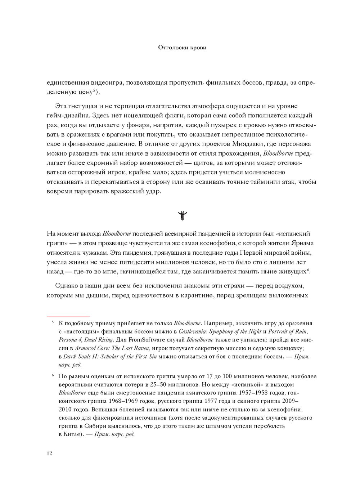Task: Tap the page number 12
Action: (49, 453)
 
